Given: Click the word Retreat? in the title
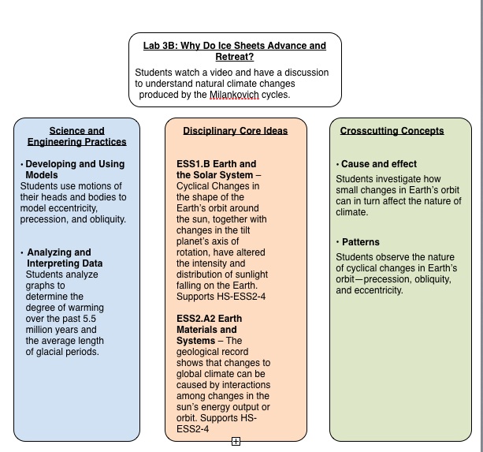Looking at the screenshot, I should tap(235, 57).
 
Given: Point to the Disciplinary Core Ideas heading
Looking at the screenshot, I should tap(235, 131).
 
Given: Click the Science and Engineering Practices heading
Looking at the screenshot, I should tap(76, 136).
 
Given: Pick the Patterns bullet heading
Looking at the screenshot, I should tap(360, 242).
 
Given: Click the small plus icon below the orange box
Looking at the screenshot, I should tap(236, 442).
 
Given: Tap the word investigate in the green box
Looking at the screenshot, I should tap(401, 179).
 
